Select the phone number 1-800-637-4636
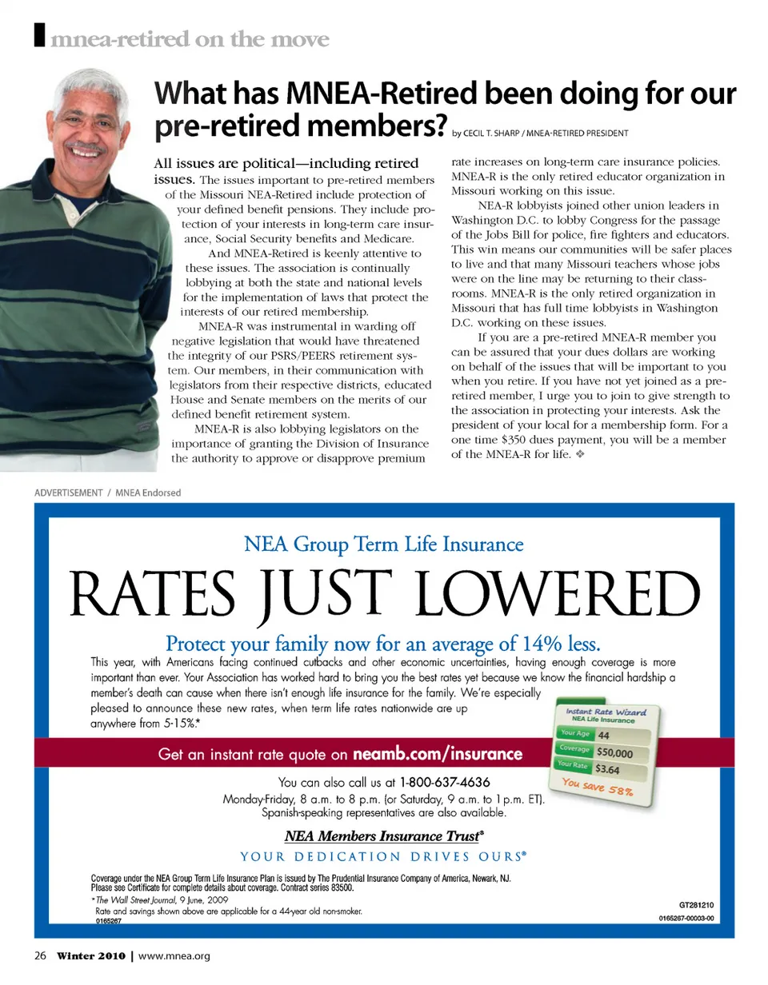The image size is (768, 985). pos(445,781)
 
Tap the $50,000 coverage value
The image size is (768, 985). pos(614,752)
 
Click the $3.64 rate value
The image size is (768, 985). pos(608,771)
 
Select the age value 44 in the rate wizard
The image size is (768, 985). pos(603,735)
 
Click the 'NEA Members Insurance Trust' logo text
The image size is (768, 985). pos(383,836)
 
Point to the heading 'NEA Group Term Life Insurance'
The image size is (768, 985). pos(383,545)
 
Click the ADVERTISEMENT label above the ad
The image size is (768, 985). pos(68,492)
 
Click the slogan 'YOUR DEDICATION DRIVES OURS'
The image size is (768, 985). pos(383,857)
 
